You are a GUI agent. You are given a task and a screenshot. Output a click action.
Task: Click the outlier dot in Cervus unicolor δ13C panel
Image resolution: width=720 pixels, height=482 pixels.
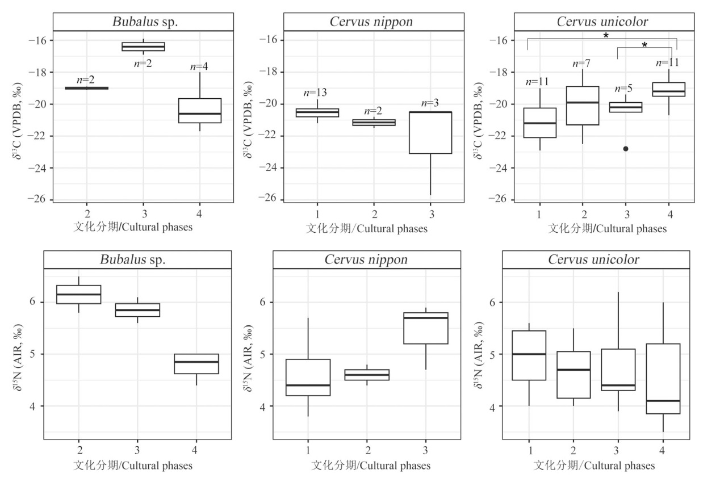(x=626, y=149)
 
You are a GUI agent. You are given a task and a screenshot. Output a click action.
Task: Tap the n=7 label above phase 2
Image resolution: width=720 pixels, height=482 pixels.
(x=583, y=62)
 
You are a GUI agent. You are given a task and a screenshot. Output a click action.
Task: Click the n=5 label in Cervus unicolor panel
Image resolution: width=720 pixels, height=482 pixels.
(x=626, y=88)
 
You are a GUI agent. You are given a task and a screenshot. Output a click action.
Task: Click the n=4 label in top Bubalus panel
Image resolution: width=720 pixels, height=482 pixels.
(x=199, y=66)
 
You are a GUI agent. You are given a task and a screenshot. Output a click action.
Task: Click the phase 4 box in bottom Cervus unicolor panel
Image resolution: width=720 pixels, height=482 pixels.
(x=663, y=379)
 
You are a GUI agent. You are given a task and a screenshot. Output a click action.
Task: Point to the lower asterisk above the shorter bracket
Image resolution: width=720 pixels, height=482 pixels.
(x=644, y=45)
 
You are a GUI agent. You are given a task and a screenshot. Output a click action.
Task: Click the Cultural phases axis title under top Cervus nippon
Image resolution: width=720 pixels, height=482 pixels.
(x=367, y=229)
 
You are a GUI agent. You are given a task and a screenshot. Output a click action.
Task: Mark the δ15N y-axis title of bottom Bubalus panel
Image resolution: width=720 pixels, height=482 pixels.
(x=20, y=354)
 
